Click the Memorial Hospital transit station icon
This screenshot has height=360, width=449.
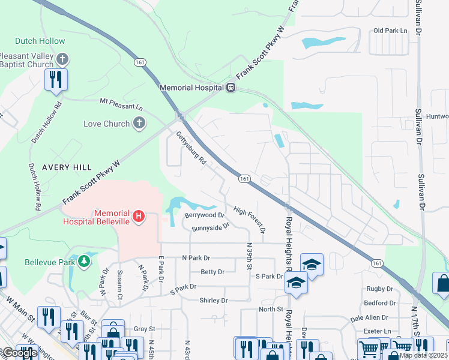click(230, 88)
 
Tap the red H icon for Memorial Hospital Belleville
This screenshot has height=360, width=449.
click(139, 216)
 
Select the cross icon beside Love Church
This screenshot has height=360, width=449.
click(139, 124)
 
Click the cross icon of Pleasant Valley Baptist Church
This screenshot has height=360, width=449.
click(63, 59)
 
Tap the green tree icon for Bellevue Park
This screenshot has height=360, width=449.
click(85, 262)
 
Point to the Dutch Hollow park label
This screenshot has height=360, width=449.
click(40, 41)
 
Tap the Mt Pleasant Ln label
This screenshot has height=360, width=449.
click(121, 104)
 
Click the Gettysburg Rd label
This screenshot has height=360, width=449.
click(191, 148)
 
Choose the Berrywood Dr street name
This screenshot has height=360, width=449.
click(204, 215)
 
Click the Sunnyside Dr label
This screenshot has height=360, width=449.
click(210, 227)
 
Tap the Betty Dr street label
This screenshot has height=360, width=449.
click(212, 272)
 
